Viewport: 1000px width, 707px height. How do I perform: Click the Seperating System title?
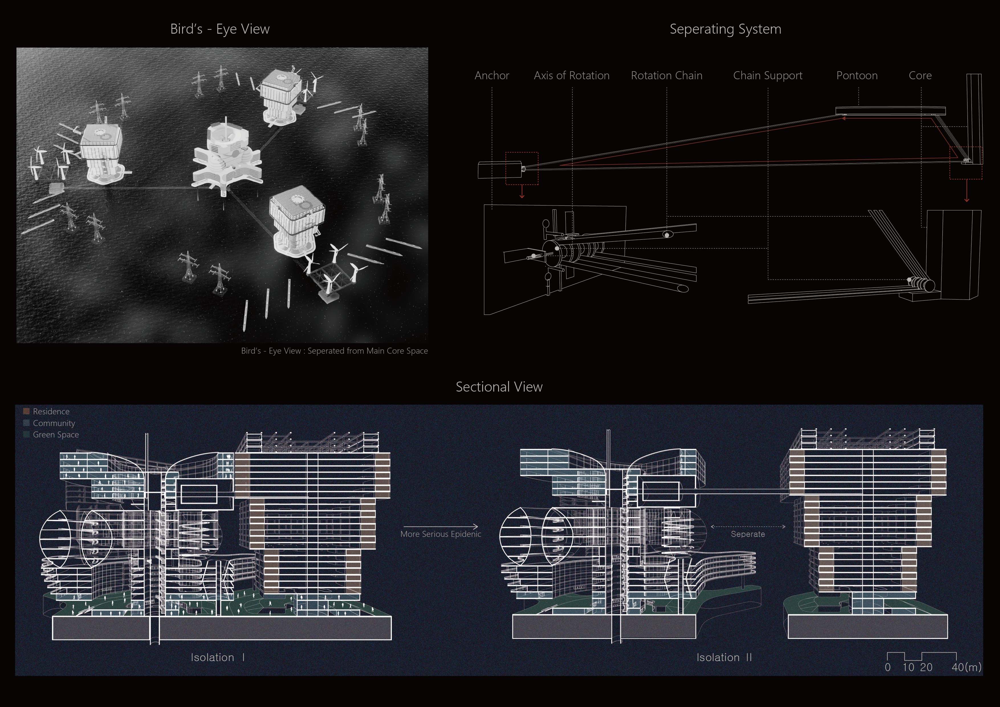[725, 29]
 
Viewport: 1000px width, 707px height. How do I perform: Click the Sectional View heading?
[499, 387]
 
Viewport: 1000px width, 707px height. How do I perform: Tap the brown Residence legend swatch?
[26, 411]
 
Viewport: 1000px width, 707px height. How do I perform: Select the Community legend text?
[54, 423]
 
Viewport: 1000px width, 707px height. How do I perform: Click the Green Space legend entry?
[56, 435]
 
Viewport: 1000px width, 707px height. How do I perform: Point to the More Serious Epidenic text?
[441, 534]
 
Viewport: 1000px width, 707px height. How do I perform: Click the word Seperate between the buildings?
[748, 534]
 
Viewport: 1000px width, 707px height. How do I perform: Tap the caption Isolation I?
[217, 657]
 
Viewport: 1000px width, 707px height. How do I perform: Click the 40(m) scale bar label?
[966, 667]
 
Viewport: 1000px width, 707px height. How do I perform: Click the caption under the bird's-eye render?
[335, 351]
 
